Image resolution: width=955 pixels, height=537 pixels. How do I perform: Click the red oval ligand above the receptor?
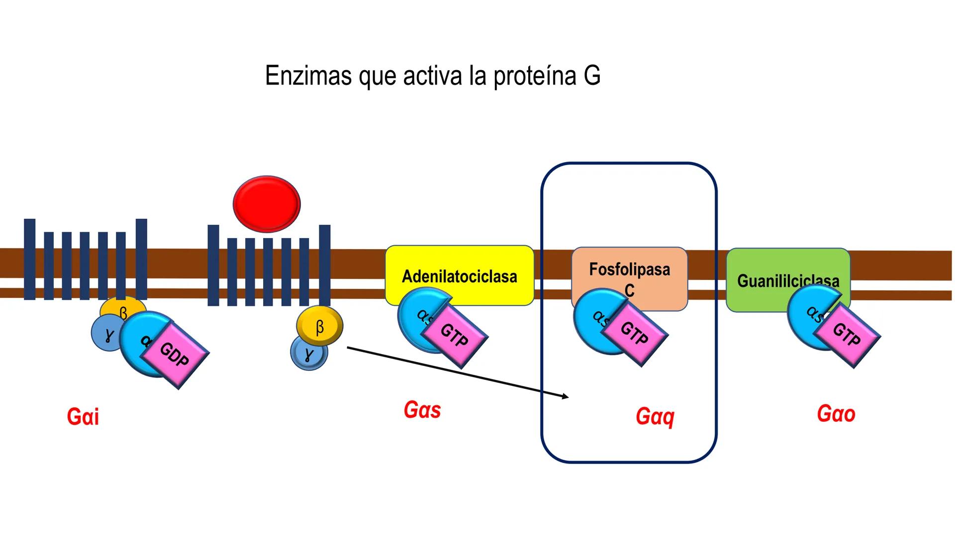tap(267, 204)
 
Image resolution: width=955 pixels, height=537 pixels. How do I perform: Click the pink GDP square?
tap(175, 355)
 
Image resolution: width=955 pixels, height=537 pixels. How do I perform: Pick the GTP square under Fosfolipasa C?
tap(634, 333)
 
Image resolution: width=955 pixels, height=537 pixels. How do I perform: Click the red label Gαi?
tap(83, 417)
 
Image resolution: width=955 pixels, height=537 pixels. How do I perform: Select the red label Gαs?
tap(422, 410)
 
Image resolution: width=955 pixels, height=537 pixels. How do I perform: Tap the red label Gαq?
tap(655, 417)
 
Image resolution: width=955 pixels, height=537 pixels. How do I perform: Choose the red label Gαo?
tap(836, 414)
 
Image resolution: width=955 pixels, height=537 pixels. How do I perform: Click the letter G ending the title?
tap(592, 76)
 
